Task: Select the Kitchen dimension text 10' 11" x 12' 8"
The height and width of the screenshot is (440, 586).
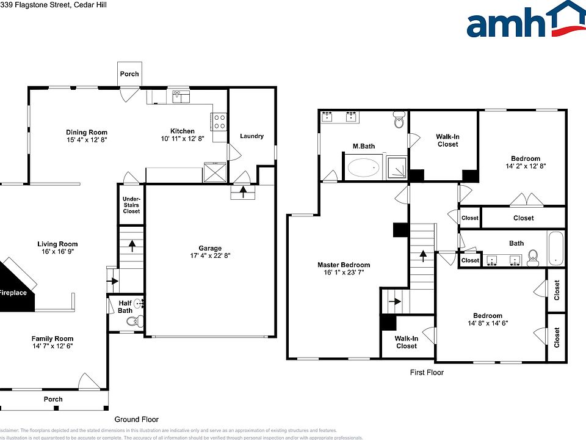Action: click(x=182, y=139)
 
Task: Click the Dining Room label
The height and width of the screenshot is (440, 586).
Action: click(x=87, y=132)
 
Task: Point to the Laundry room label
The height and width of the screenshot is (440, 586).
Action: click(x=251, y=136)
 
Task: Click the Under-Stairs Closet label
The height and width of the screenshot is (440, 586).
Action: click(x=131, y=205)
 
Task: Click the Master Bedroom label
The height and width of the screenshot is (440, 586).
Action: click(x=344, y=265)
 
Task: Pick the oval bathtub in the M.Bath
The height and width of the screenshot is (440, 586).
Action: click(x=364, y=167)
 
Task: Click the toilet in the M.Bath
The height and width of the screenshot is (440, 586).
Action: click(x=399, y=120)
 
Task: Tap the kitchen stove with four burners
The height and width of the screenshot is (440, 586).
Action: click(x=219, y=119)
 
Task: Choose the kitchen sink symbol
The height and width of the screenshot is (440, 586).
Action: click(x=181, y=96)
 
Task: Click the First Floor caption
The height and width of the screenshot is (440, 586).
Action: click(x=427, y=372)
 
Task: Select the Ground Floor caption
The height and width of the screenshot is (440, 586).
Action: click(x=137, y=419)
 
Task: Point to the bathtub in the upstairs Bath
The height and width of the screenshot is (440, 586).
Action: click(x=557, y=249)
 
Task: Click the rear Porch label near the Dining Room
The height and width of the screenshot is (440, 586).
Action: click(x=129, y=73)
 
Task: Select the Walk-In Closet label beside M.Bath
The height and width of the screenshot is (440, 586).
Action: click(x=447, y=140)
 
